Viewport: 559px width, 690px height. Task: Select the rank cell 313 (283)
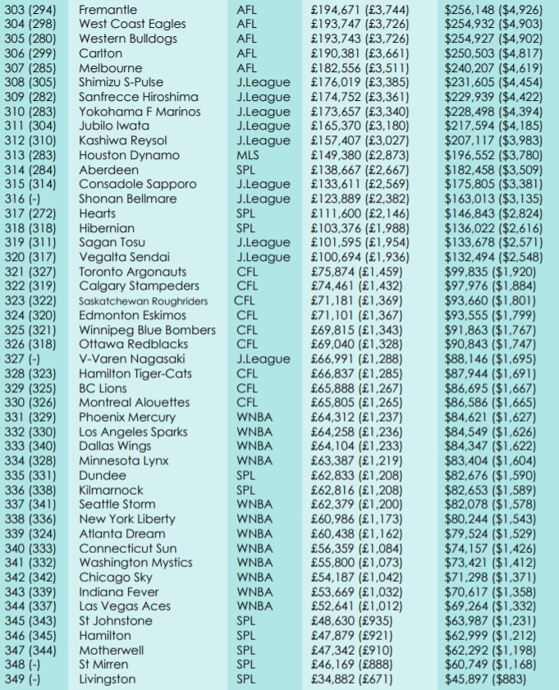31,155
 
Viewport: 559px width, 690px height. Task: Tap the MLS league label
248,155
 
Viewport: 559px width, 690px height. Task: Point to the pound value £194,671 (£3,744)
360,10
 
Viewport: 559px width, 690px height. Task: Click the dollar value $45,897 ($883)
486,679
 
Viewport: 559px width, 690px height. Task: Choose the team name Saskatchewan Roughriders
144,301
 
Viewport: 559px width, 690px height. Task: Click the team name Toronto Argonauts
133,272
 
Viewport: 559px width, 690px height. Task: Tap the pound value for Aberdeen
360,170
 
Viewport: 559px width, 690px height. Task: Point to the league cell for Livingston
246,679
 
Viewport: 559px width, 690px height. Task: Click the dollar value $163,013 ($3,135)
493,199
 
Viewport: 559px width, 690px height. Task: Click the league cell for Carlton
246,53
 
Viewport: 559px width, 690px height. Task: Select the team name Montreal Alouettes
135,403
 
